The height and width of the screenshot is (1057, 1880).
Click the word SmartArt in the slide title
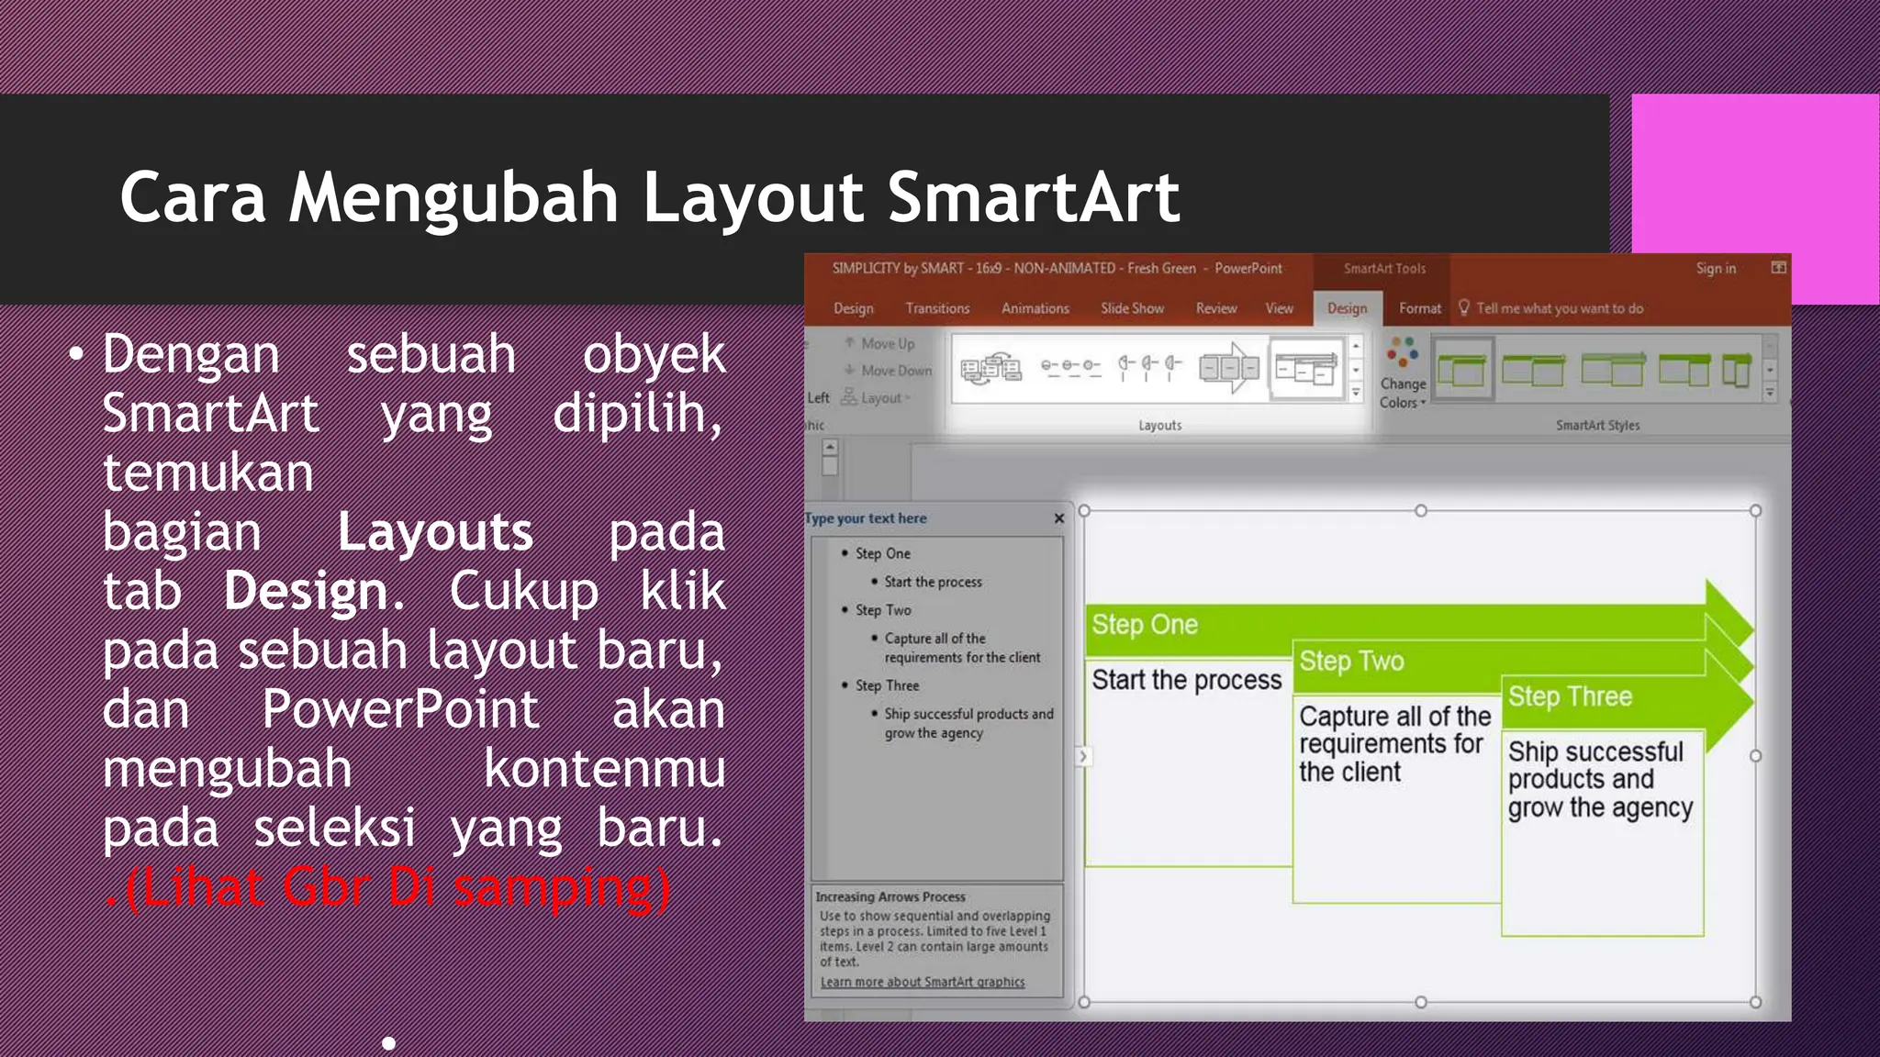point(1034,197)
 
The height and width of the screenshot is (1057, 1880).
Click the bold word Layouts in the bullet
point(434,532)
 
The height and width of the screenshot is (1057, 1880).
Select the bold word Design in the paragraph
point(305,591)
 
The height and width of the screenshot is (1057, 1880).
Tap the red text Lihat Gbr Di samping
point(397,887)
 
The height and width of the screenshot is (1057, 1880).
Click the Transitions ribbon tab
point(937,308)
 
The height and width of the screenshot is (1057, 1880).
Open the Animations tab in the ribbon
point(1035,308)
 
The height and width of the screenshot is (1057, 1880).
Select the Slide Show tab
point(1132,308)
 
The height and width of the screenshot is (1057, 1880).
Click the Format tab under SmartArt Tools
point(1419,308)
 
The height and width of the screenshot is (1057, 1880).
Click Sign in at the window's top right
point(1715,269)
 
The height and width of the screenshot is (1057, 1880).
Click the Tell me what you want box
point(1559,308)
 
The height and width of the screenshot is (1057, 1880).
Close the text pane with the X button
point(1058,518)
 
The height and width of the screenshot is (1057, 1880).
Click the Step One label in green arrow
point(1144,625)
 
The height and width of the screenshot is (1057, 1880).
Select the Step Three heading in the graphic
point(1570,696)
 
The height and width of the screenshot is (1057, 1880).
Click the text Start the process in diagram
point(1186,680)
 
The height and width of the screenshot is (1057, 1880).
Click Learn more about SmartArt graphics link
point(922,982)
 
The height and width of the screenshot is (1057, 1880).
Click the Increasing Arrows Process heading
point(890,896)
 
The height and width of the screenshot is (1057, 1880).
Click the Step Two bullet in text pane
point(882,610)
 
